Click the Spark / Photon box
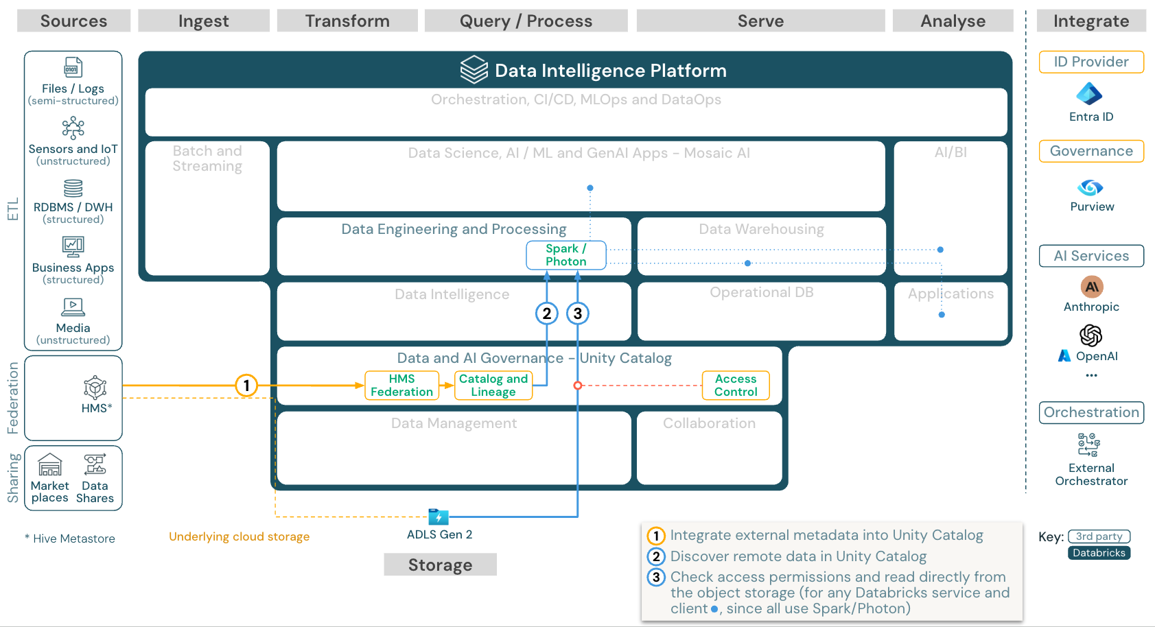(x=566, y=255)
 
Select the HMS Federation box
(x=401, y=386)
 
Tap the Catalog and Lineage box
(x=493, y=386)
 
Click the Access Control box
(x=736, y=386)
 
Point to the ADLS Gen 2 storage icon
(x=438, y=517)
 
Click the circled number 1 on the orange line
(x=246, y=386)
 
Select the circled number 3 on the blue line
(x=578, y=313)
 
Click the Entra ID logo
(x=1090, y=94)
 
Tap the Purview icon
(x=1090, y=187)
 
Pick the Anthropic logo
(x=1091, y=287)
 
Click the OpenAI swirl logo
(x=1090, y=335)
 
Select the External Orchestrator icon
(x=1089, y=445)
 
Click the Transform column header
(x=347, y=21)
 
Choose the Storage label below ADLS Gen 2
(x=440, y=565)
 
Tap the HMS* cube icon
(x=95, y=388)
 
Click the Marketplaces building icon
(x=50, y=465)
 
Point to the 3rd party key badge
(x=1099, y=536)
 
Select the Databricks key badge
(x=1099, y=553)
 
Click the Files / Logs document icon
(x=73, y=67)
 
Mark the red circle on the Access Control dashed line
(x=578, y=386)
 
